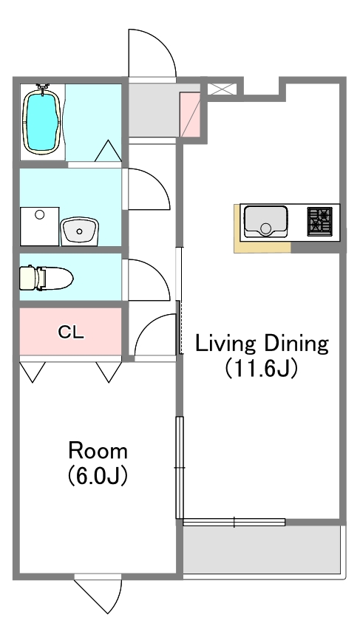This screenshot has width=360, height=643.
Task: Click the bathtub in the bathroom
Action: (42, 121)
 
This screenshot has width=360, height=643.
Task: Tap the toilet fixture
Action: (46, 279)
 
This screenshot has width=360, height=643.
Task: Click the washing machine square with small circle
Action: (39, 225)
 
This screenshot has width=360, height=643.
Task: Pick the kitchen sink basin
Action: (265, 221)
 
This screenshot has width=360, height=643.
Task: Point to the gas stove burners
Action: (321, 221)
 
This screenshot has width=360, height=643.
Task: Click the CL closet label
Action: (71, 332)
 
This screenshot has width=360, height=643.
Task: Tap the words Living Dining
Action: (261, 344)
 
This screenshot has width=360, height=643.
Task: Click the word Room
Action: (98, 450)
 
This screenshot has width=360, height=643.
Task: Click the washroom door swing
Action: (148, 189)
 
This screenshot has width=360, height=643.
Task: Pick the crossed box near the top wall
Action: (222, 89)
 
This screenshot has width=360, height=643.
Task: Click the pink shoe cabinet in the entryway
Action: (190, 115)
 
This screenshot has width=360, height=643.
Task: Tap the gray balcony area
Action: (262, 549)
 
